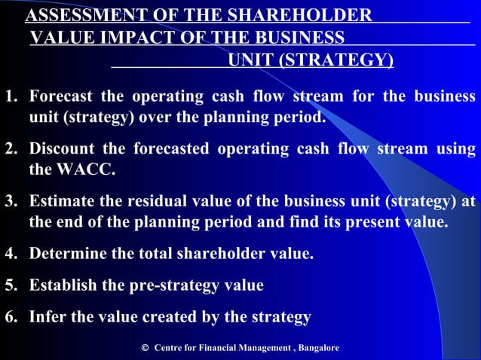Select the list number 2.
click(10, 149)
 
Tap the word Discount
click(63, 149)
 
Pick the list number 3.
click(10, 201)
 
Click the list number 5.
click(10, 285)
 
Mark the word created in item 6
click(165, 317)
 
